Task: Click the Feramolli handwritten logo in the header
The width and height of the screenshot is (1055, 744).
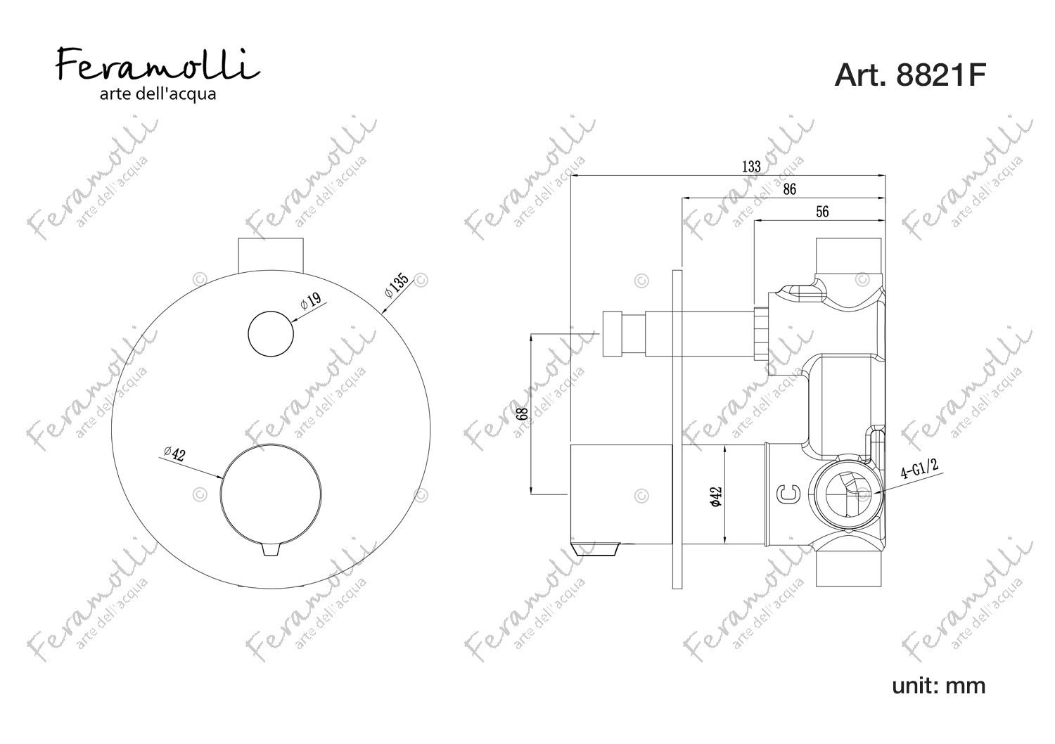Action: (158, 65)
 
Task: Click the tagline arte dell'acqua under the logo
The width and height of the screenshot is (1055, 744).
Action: (158, 94)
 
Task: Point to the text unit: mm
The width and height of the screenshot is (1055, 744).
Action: (939, 686)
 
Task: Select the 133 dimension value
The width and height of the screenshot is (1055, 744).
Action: (751, 167)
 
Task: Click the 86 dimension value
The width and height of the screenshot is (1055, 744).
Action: (789, 189)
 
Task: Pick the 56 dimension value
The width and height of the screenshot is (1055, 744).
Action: (822, 212)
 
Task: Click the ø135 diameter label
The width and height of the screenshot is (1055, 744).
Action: (396, 285)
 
